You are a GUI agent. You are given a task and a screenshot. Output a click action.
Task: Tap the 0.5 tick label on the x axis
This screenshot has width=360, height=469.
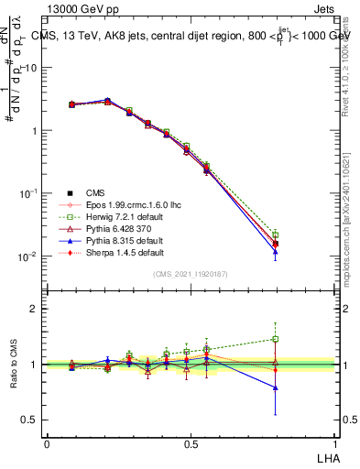[191, 443]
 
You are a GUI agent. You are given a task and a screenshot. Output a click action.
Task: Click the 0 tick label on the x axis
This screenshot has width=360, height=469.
[47, 443]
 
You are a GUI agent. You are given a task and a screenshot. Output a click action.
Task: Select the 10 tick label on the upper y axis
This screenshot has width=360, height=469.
[31, 68]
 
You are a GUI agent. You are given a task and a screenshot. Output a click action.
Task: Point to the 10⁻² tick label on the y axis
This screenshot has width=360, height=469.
[27, 256]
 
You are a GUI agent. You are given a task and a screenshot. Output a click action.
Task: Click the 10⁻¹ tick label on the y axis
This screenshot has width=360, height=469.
[27, 193]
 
